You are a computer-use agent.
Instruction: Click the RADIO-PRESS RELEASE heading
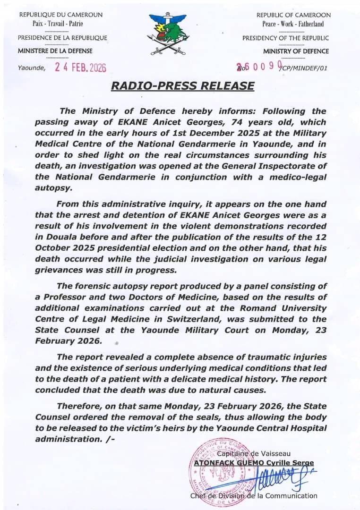point(182,86)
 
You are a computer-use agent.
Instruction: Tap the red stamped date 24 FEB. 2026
point(81,68)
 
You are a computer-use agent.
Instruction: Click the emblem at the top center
point(167,33)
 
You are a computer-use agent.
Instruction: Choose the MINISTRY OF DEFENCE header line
point(296,51)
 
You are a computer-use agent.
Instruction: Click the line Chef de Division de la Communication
point(254,495)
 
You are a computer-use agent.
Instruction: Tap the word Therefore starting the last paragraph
point(78,406)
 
